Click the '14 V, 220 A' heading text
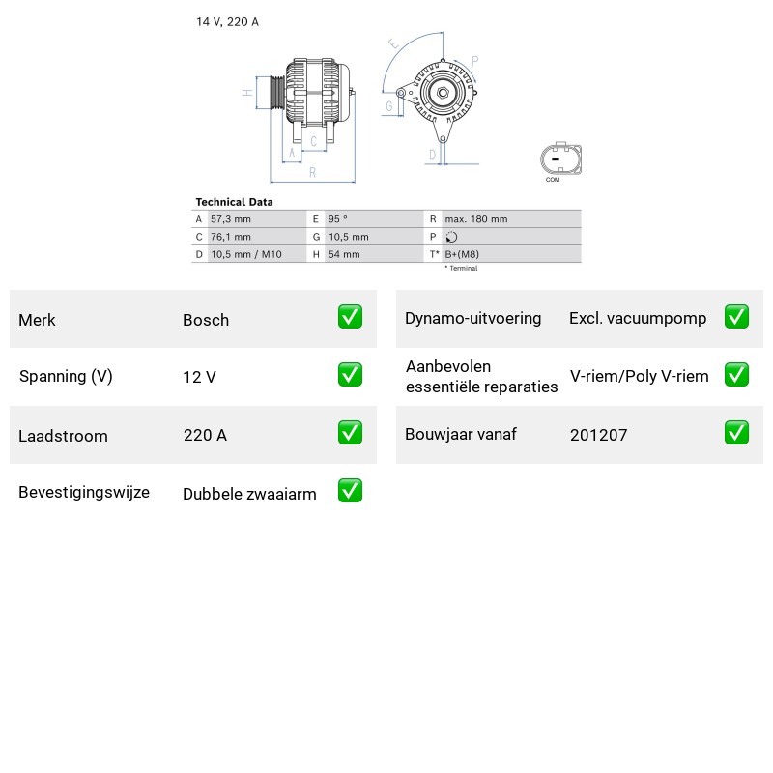click(227, 21)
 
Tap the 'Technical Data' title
click(234, 202)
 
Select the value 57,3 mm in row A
click(231, 219)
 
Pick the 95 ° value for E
click(337, 219)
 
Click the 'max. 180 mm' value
click(476, 219)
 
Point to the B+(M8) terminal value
click(462, 254)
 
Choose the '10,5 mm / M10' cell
click(246, 254)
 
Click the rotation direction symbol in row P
click(451, 237)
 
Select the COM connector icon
click(560, 159)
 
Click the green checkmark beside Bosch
click(350, 317)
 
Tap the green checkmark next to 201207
click(736, 432)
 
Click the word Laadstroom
click(63, 436)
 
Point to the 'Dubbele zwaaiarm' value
click(249, 494)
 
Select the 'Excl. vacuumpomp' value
click(638, 319)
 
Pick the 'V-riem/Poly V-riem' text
click(640, 376)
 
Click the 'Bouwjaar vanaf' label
click(461, 434)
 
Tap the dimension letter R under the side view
click(312, 173)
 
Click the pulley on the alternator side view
click(277, 93)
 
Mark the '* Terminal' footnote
click(462, 269)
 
